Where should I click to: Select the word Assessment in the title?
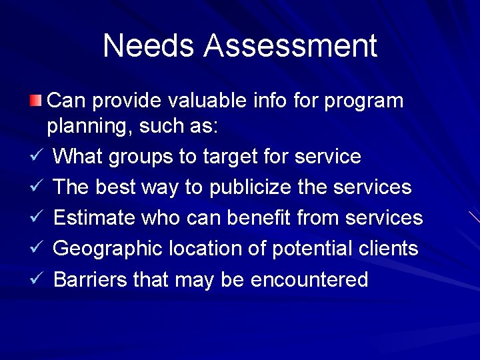[291, 46]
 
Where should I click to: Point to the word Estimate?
[93, 217]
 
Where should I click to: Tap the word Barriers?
[90, 279]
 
